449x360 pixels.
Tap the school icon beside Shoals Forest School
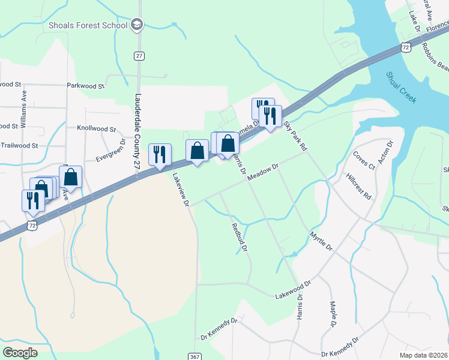(137, 25)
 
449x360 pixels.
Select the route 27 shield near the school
(139, 55)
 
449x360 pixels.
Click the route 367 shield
(195, 356)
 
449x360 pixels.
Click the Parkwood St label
(85, 86)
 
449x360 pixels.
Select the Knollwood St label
(96, 128)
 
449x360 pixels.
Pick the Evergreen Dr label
(110, 151)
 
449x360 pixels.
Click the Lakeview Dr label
(181, 191)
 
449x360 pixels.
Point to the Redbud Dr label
(240, 236)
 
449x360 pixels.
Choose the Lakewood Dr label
(293, 290)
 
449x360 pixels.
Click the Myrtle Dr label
(321, 239)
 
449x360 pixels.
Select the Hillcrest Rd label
(359, 187)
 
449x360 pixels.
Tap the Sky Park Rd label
(295, 136)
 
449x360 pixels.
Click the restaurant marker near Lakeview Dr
(160, 155)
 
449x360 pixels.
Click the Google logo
(20, 353)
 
